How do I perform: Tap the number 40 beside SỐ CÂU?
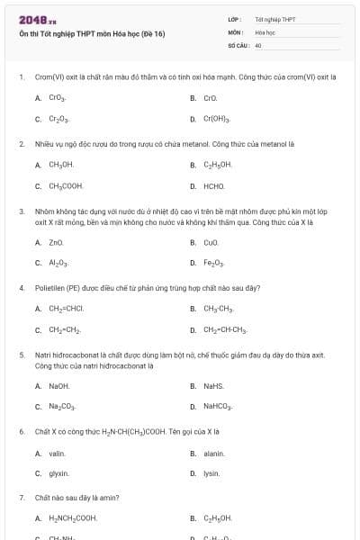[x=258, y=44]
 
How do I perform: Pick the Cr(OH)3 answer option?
[x=217, y=119]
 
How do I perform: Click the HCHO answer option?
[x=214, y=186]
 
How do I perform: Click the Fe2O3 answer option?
[x=214, y=264]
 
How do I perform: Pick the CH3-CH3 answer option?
[x=219, y=309]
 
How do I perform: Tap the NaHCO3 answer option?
[x=218, y=408]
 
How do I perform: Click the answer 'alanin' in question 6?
[x=213, y=454]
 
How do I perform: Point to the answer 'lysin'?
[x=211, y=473]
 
